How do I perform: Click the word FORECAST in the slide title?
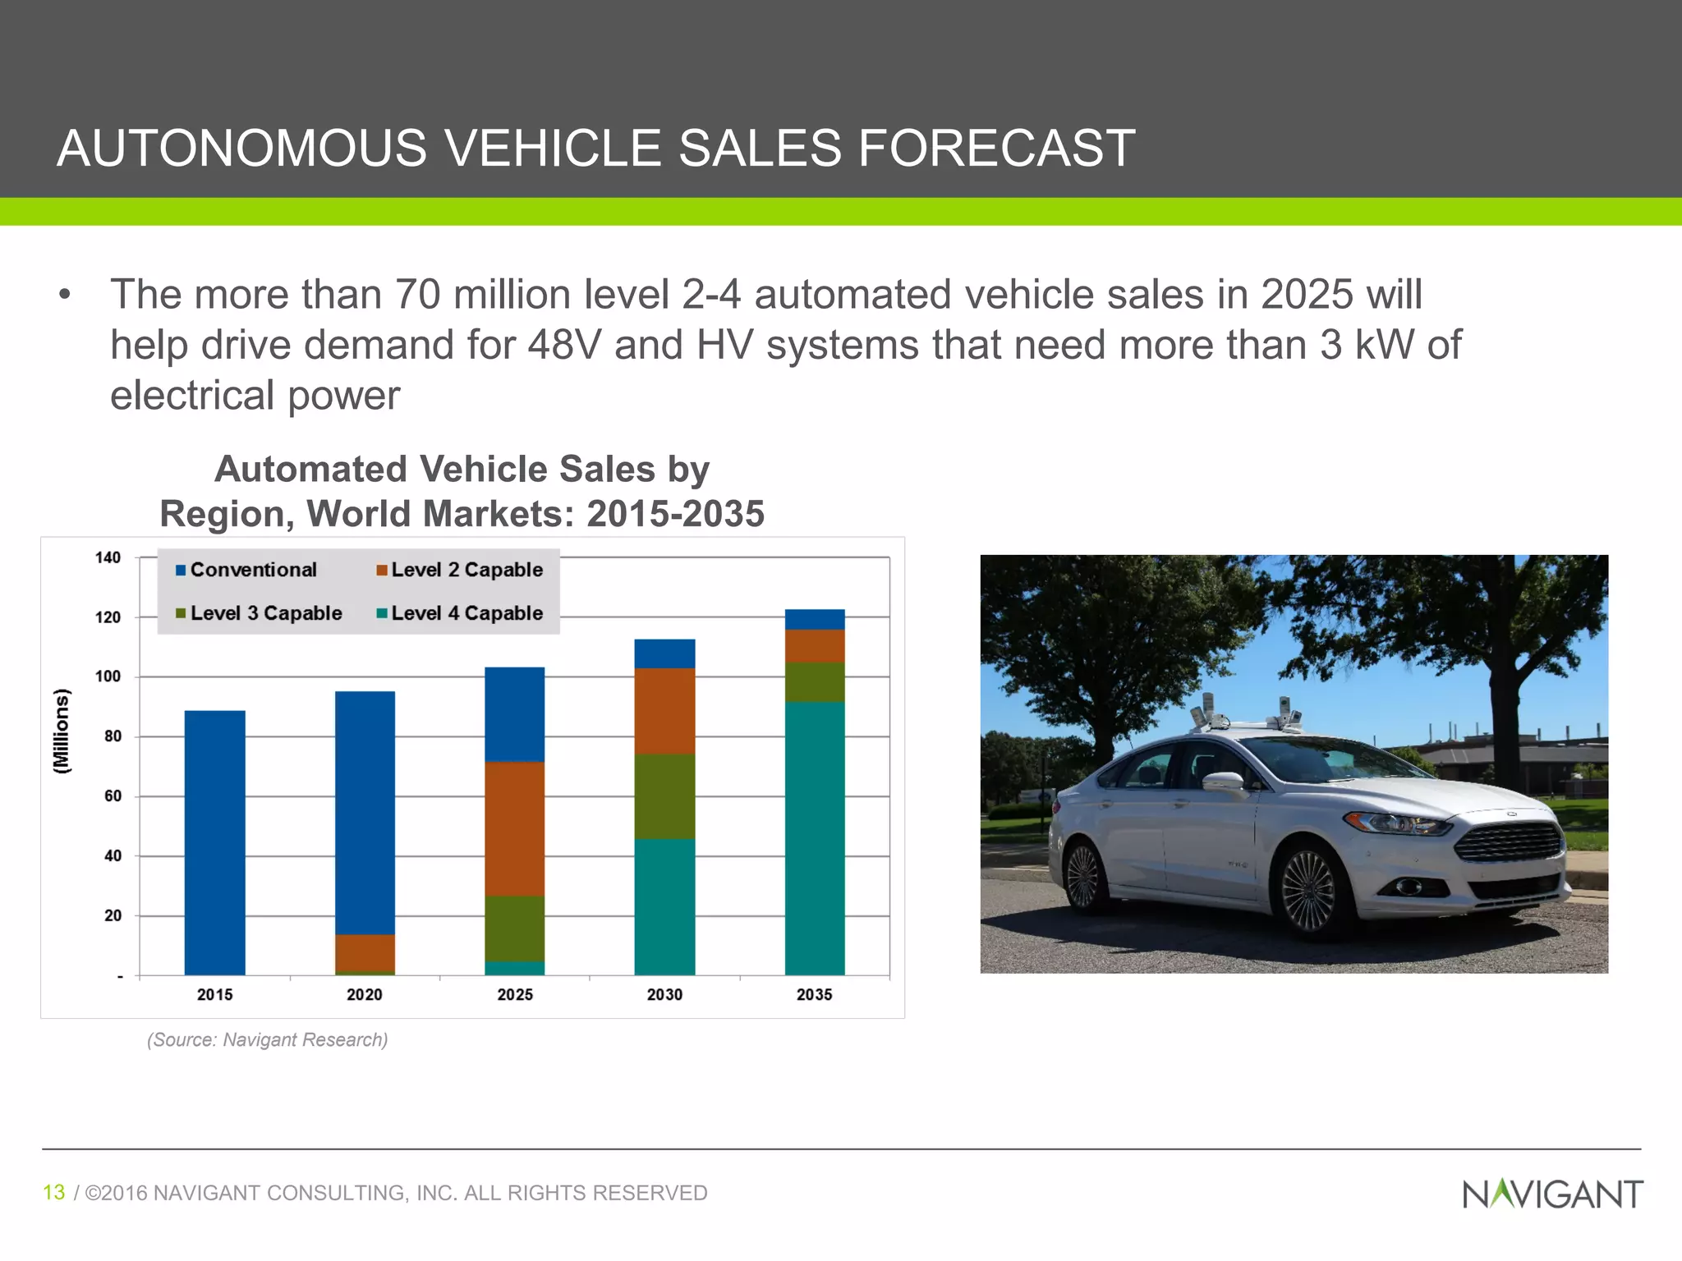pyautogui.click(x=996, y=149)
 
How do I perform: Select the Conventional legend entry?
pyautogui.click(x=246, y=570)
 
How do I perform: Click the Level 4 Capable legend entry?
pyautogui.click(x=459, y=613)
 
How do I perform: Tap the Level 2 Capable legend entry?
pyautogui.click(x=459, y=570)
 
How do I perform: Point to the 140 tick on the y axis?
pyautogui.click(x=108, y=558)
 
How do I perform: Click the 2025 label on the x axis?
pyautogui.click(x=515, y=995)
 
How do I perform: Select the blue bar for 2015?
pyautogui.click(x=214, y=841)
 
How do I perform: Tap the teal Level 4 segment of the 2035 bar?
pyautogui.click(x=815, y=837)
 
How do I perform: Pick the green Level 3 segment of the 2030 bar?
pyautogui.click(x=664, y=796)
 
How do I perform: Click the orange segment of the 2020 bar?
pyautogui.click(x=365, y=952)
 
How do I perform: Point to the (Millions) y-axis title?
pyautogui.click(x=62, y=731)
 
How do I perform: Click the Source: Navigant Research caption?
pyautogui.click(x=267, y=1040)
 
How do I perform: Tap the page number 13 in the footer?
pyautogui.click(x=53, y=1193)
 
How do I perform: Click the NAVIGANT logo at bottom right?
pyautogui.click(x=1552, y=1195)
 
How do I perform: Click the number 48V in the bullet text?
pyautogui.click(x=564, y=345)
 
